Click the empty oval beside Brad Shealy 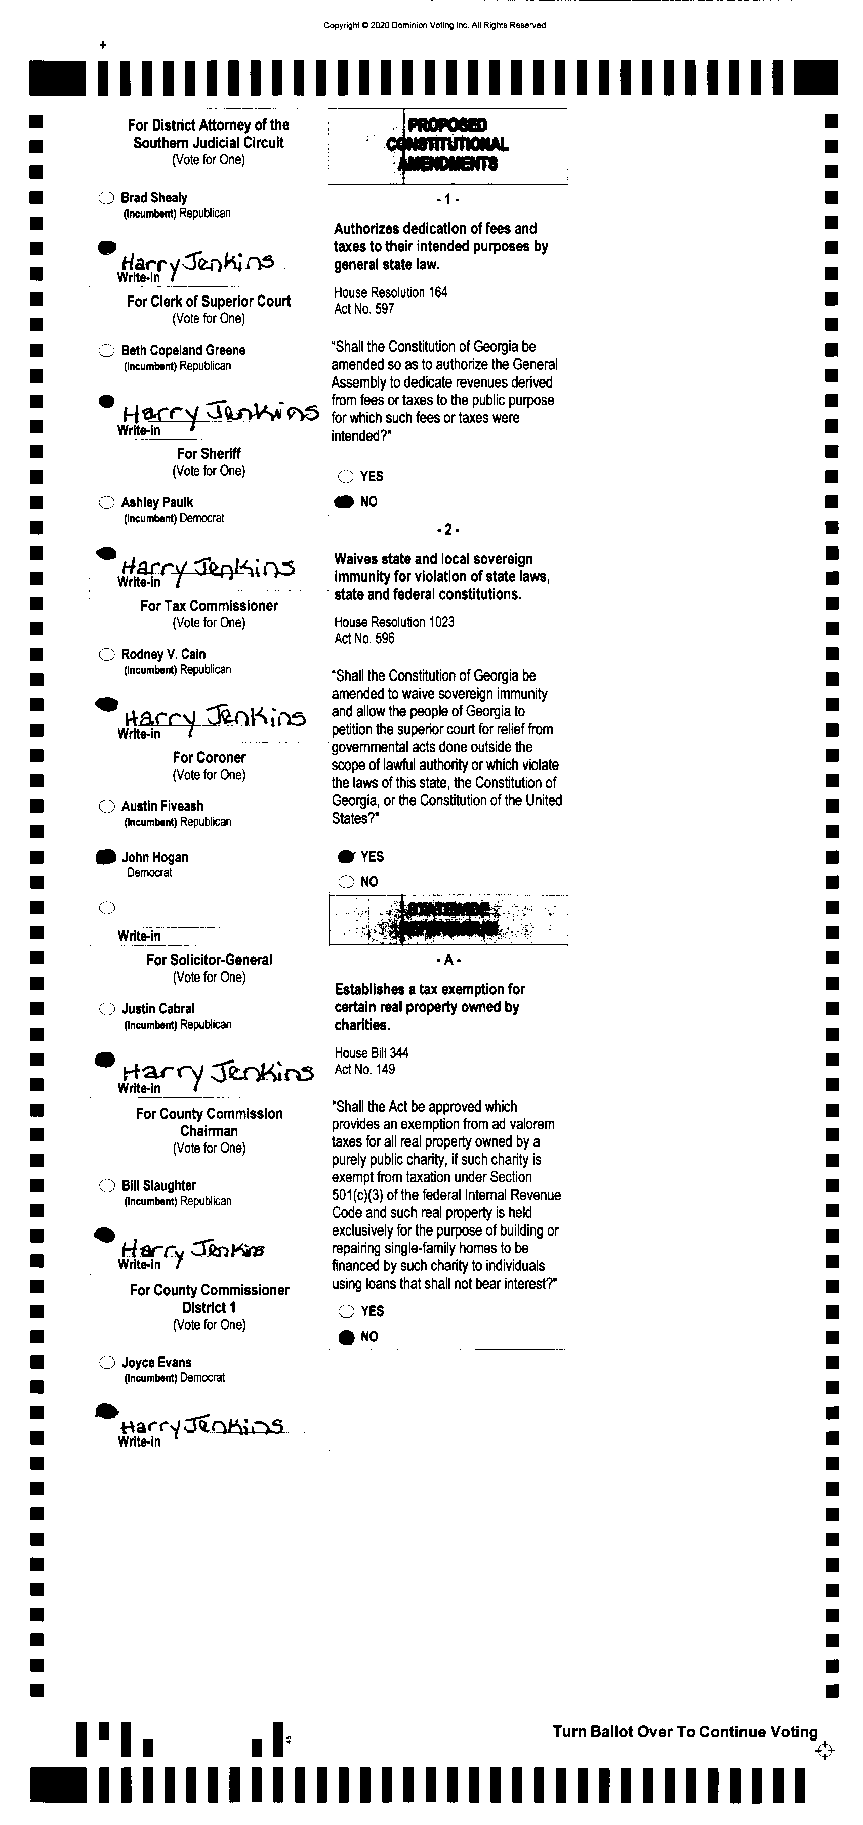106,198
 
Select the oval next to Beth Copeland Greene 106,350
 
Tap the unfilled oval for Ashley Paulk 106,502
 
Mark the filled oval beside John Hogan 106,857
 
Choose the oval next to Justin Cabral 107,1009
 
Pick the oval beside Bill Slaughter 107,1185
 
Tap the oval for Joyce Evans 107,1362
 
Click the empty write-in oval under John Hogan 107,908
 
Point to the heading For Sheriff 209,453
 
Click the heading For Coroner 209,757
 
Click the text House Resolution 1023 394,622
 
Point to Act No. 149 364,1069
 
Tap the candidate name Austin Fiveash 162,806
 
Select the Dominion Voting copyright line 434,25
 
